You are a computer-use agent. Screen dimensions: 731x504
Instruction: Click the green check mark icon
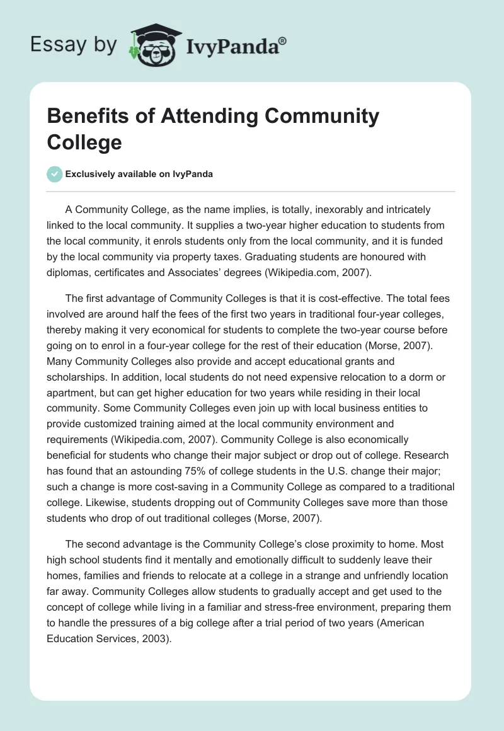55,175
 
